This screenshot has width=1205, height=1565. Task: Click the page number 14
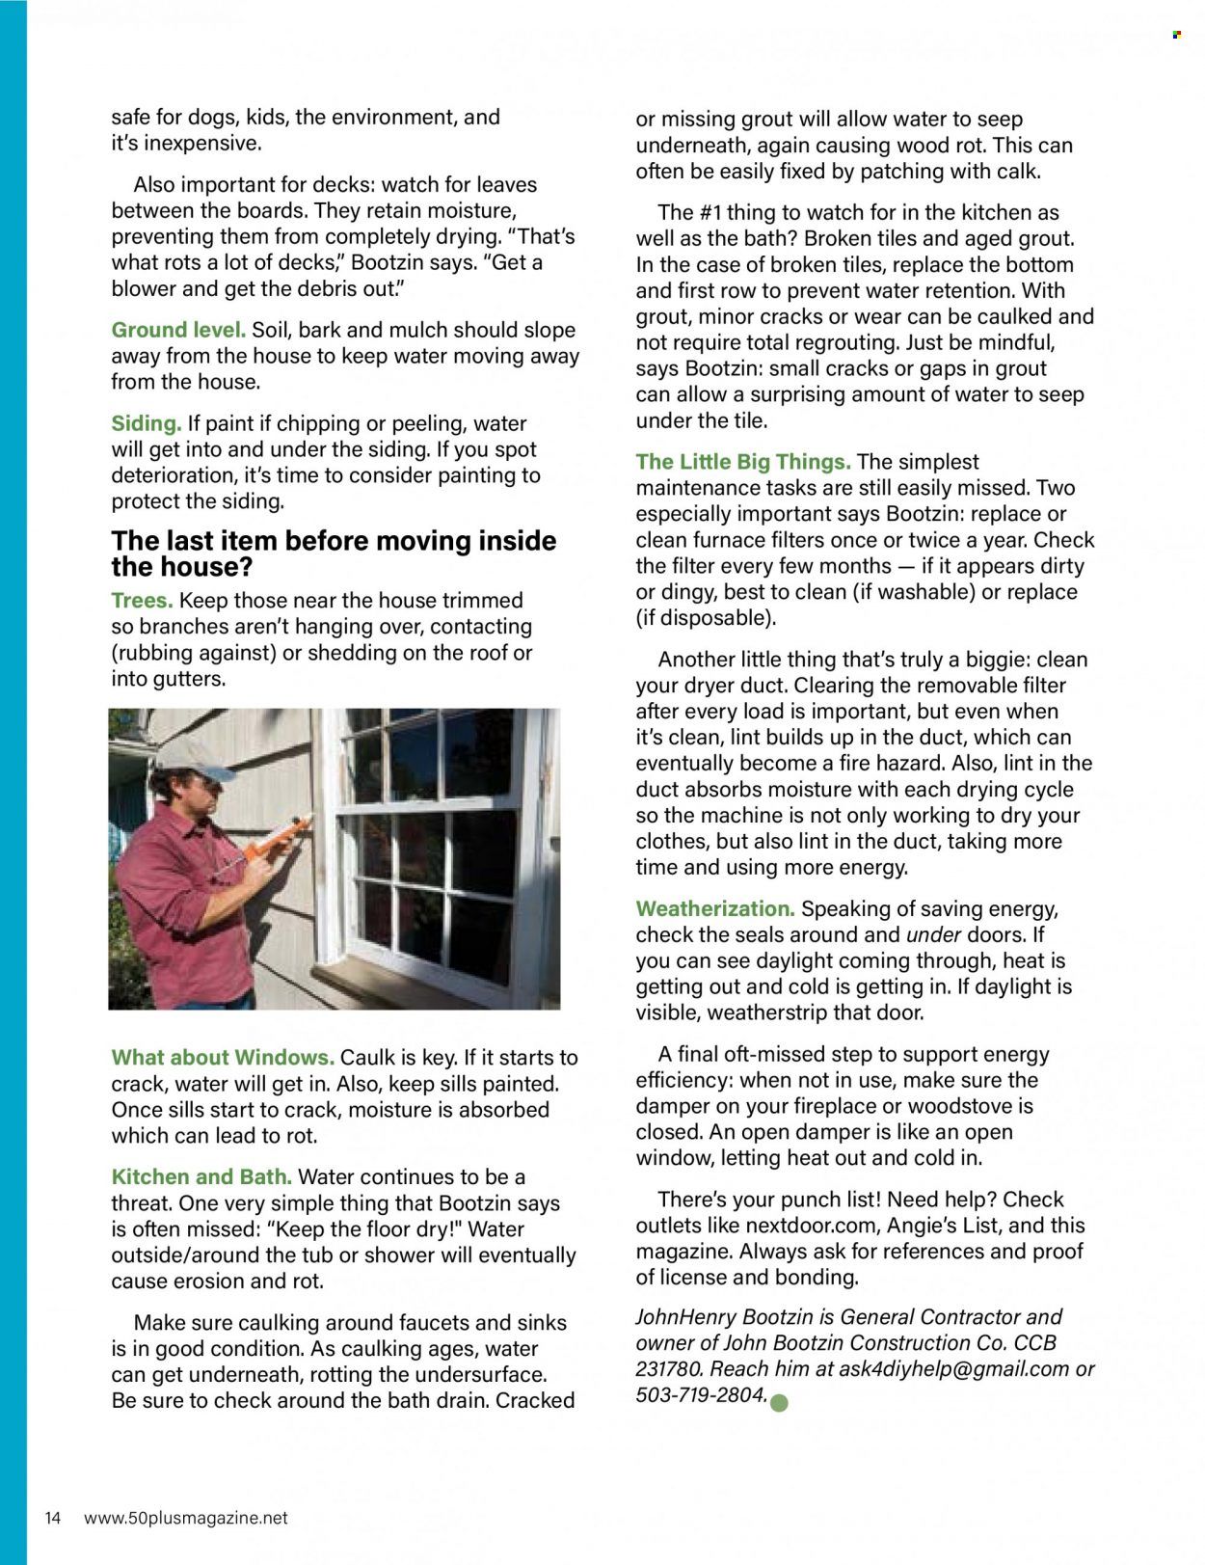pyautogui.click(x=53, y=1518)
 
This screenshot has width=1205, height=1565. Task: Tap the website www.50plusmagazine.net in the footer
pyautogui.click(x=186, y=1518)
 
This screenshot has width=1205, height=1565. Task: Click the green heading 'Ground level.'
pyautogui.click(x=178, y=330)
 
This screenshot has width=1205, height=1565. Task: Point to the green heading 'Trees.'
pyautogui.click(x=142, y=601)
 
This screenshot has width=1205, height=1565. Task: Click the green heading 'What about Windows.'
pyautogui.click(x=223, y=1058)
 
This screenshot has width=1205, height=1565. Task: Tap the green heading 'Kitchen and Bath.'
pyautogui.click(x=201, y=1177)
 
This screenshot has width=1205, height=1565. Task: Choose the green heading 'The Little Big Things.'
pyautogui.click(x=742, y=462)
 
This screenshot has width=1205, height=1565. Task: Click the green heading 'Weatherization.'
pyautogui.click(x=714, y=908)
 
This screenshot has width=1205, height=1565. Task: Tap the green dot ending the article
pyautogui.click(x=780, y=1403)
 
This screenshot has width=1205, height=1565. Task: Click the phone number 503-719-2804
pyautogui.click(x=701, y=1395)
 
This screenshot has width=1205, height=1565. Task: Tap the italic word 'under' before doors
pyautogui.click(x=933, y=934)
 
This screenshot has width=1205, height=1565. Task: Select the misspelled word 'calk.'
pyautogui.click(x=1015, y=172)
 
